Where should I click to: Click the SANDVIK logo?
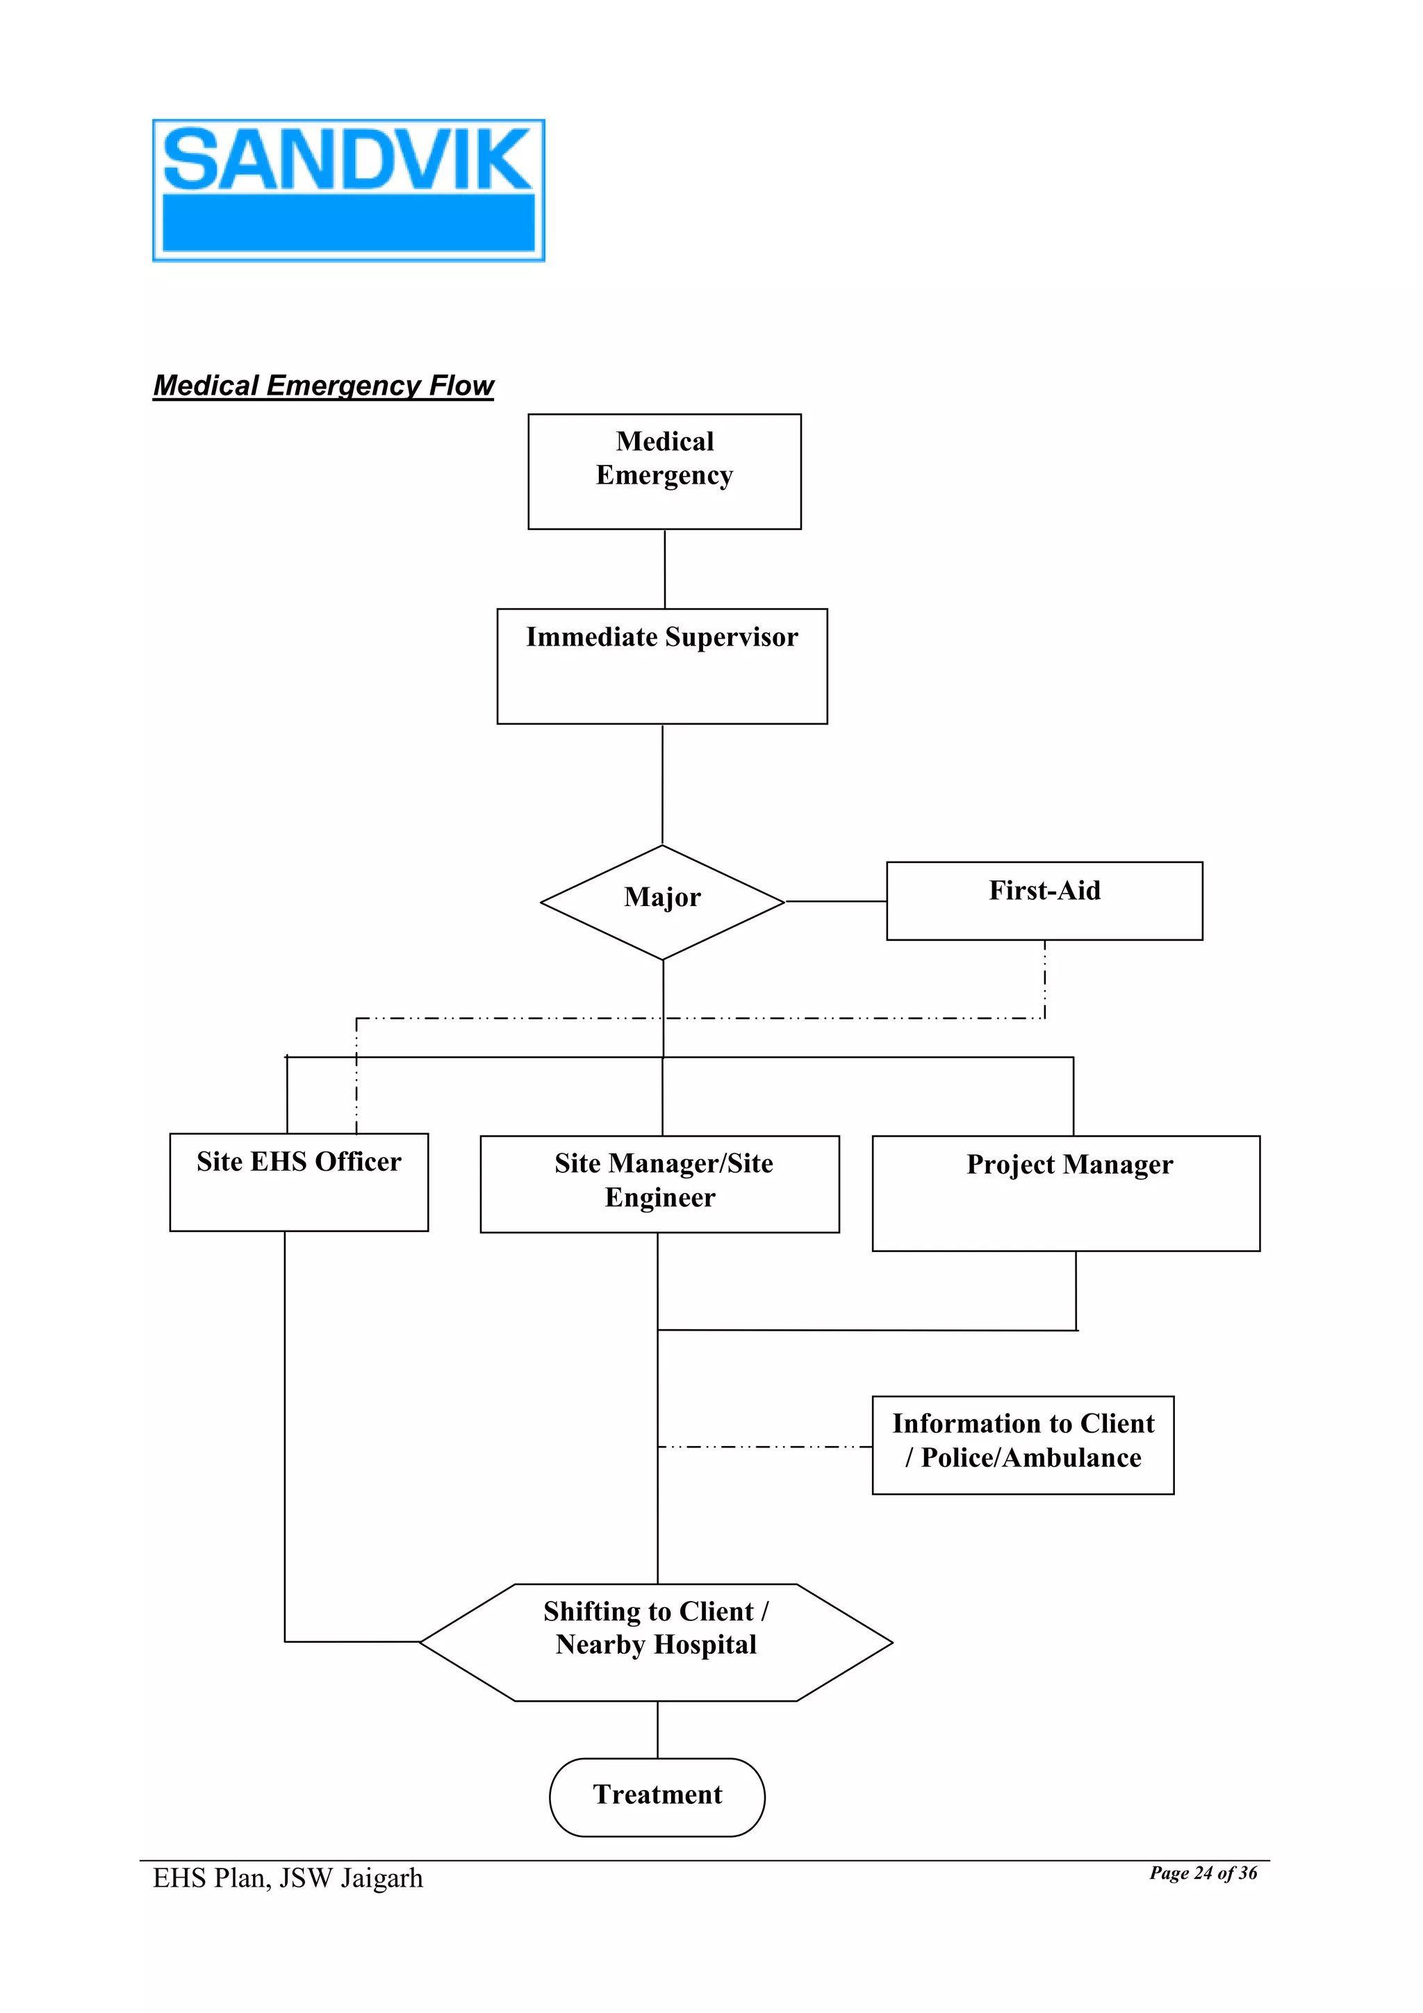pyautogui.click(x=348, y=190)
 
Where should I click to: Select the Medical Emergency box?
pyautogui.click(x=664, y=471)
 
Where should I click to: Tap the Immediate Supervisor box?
pyautogui.click(x=662, y=666)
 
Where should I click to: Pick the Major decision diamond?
pyautogui.click(x=662, y=901)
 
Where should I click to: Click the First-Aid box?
pyautogui.click(x=1044, y=901)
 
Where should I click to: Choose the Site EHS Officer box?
pyautogui.click(x=298, y=1181)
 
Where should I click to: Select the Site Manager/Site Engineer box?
pyautogui.click(x=659, y=1183)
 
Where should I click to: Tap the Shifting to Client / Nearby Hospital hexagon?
pyautogui.click(x=656, y=1641)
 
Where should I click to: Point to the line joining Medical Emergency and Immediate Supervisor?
pyautogui.click(x=664, y=568)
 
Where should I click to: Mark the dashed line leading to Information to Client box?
pyautogui.click(x=764, y=1446)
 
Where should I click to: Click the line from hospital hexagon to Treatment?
pyautogui.click(x=657, y=1729)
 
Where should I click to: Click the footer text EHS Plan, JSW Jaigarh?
pyautogui.click(x=288, y=1878)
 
